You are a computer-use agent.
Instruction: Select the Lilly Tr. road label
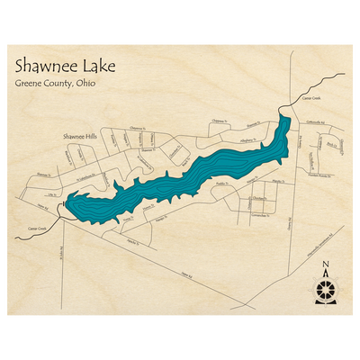click(51, 193)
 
